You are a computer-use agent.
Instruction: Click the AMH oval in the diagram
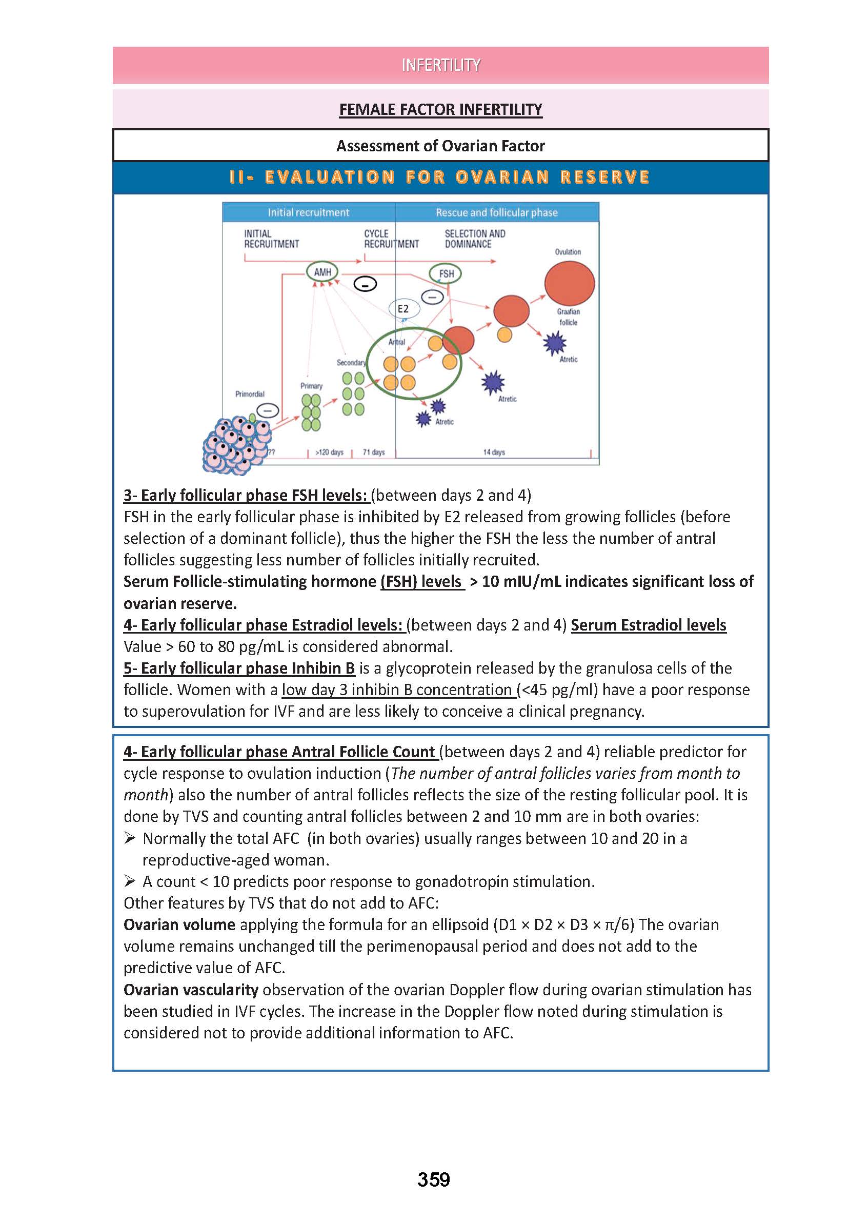[322, 272]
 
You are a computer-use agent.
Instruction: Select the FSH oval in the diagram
[446, 274]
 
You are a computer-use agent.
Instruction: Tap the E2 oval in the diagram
[403, 309]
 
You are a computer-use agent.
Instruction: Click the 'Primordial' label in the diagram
[250, 394]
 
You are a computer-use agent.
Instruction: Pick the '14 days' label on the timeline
[494, 452]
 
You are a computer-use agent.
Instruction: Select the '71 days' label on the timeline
[374, 452]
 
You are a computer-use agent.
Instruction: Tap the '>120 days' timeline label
[329, 452]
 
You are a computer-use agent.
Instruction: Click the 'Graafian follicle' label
[568, 317]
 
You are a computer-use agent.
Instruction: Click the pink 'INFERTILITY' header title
[440, 65]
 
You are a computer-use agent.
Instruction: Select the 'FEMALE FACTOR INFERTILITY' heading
[440, 110]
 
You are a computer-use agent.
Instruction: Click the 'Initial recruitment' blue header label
[309, 213]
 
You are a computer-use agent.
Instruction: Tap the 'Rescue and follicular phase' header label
[496, 213]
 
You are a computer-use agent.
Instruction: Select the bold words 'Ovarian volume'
[179, 925]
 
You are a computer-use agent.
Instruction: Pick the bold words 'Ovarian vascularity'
[191, 990]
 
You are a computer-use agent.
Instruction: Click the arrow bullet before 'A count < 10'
[129, 881]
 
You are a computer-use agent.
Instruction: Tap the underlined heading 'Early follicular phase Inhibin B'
[239, 668]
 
